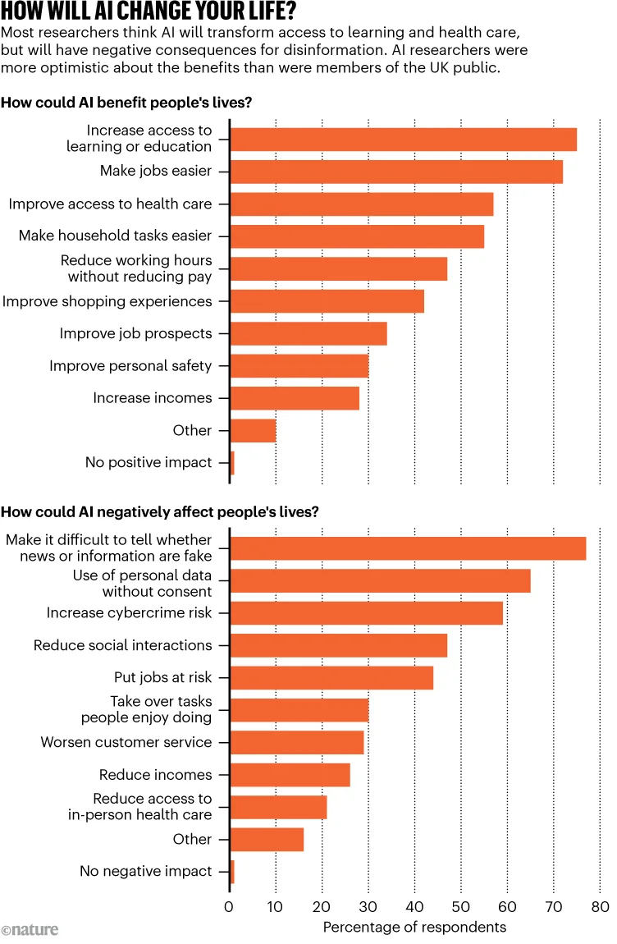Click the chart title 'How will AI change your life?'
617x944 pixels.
click(149, 12)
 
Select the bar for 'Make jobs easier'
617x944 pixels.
click(396, 171)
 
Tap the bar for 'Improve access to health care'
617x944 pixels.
click(361, 204)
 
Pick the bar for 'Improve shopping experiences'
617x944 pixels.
click(327, 301)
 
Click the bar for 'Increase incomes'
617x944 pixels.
click(295, 398)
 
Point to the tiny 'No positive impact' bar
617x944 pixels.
click(232, 463)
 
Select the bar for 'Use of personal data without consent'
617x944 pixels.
click(380, 580)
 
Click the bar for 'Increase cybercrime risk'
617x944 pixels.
click(366, 613)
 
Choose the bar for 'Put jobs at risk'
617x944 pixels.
click(331, 678)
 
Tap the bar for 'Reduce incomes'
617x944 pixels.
click(290, 775)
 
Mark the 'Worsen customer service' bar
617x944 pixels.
click(296, 742)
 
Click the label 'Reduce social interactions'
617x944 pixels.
click(122, 645)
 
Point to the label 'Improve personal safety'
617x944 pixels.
click(130, 366)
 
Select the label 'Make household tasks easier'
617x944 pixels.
click(115, 236)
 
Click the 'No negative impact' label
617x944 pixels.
click(145, 872)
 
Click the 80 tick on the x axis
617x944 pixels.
click(600, 907)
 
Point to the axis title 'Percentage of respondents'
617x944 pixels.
click(414, 928)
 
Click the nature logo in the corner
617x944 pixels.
click(30, 929)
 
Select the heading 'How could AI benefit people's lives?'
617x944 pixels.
click(126, 103)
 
